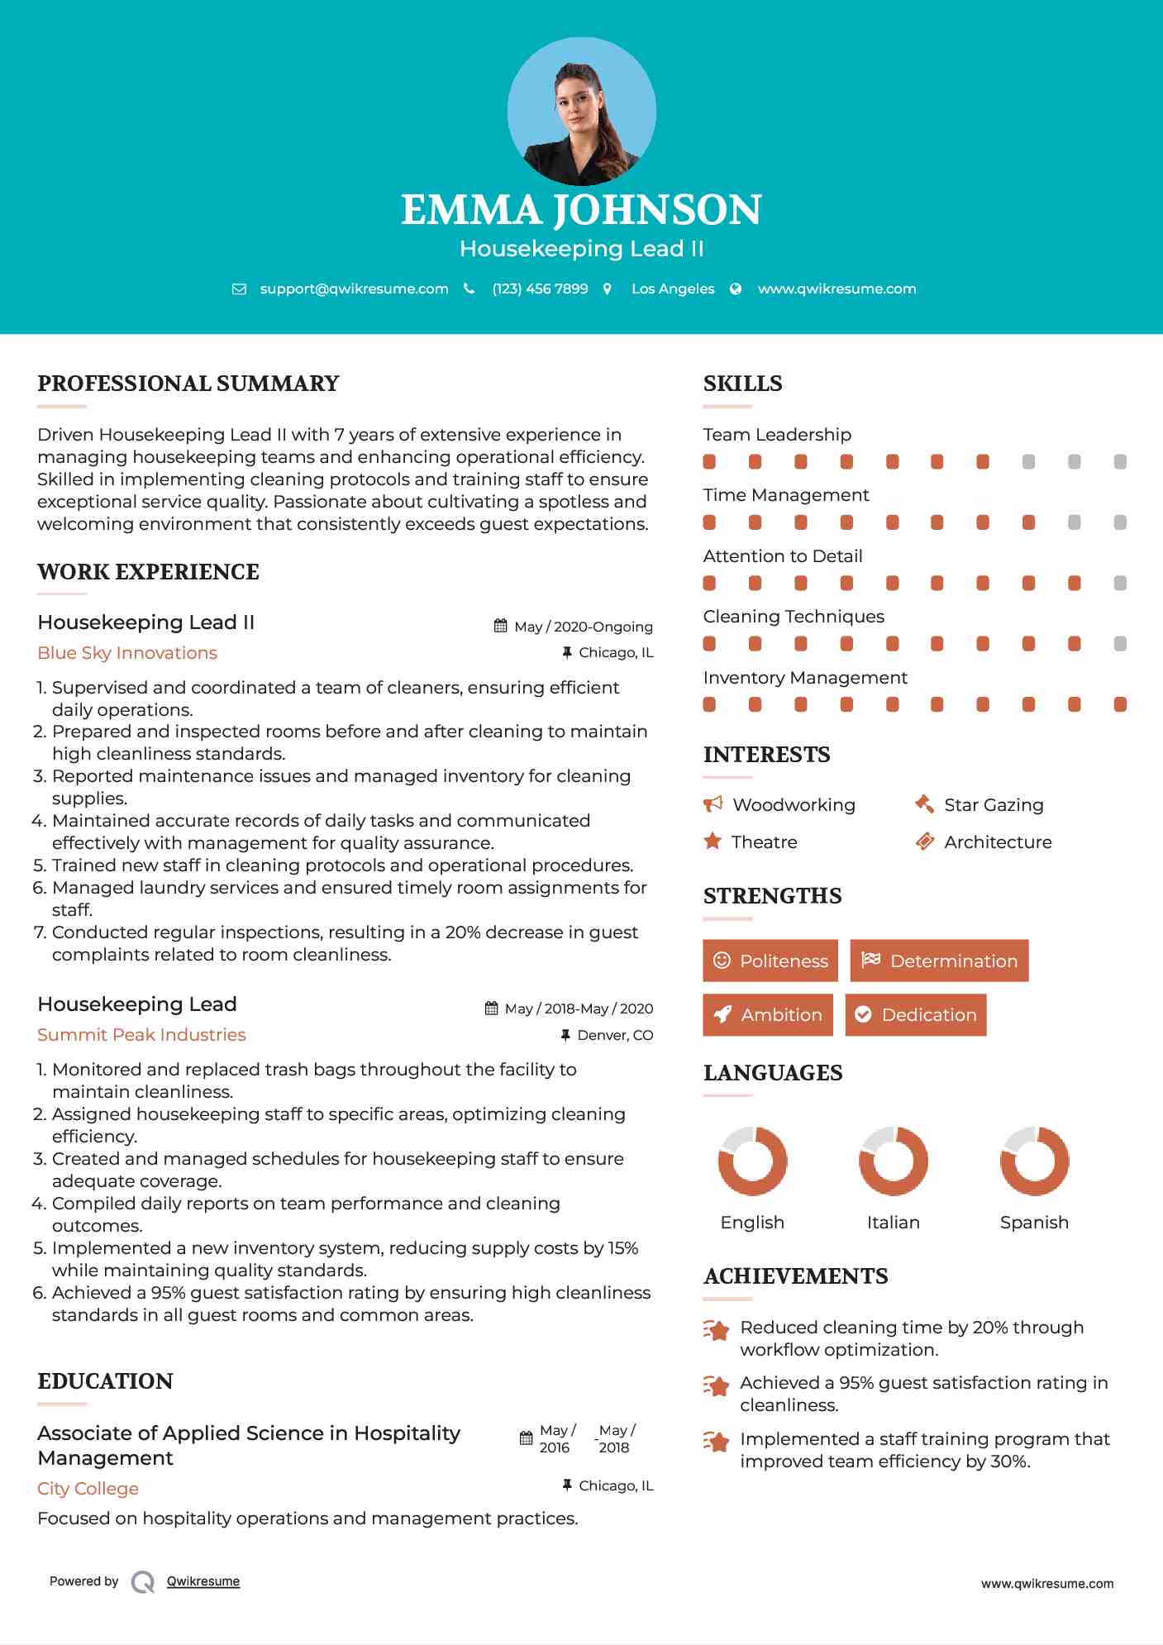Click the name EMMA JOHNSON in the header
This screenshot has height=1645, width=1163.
(x=581, y=210)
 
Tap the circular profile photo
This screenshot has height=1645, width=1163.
(x=581, y=111)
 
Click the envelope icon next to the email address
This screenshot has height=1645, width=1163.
(x=239, y=289)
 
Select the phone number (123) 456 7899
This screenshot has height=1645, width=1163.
(x=540, y=289)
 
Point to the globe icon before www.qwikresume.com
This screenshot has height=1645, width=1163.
(x=736, y=289)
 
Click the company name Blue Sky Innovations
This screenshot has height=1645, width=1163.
(x=127, y=653)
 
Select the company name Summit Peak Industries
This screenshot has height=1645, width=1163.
(x=141, y=1035)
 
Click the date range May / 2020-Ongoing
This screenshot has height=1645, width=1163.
(x=583, y=627)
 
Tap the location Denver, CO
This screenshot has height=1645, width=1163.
(x=615, y=1035)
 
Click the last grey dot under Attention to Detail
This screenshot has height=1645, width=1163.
(x=1120, y=584)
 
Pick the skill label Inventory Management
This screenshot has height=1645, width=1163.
(x=805, y=678)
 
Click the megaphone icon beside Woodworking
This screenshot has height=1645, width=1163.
(x=713, y=804)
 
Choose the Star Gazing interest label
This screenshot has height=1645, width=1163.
(x=994, y=805)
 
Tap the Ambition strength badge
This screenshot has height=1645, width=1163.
(x=768, y=1015)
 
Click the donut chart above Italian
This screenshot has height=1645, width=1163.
(x=893, y=1161)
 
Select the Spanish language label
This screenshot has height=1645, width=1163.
(x=1034, y=1223)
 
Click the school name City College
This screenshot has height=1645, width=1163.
(x=88, y=1489)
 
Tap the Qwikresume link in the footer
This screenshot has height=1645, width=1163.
(x=203, y=1581)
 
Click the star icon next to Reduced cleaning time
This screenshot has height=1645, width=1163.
(x=716, y=1330)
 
